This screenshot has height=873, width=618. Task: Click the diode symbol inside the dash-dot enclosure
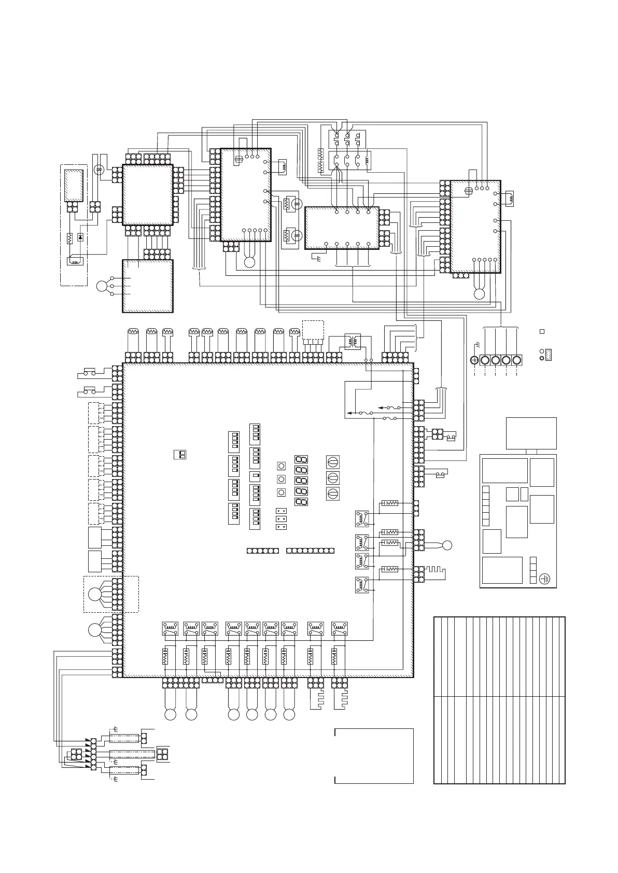pos(80,237)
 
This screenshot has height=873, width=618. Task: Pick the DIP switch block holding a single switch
pos(255,476)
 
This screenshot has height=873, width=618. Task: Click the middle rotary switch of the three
pos(332,477)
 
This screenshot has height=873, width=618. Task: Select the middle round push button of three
pos(282,478)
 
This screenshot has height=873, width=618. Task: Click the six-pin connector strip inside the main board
pos(262,550)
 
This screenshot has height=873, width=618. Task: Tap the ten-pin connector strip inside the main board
pos(310,550)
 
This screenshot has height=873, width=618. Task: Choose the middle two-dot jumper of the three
pos(282,519)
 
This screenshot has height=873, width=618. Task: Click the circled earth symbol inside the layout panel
pos(544,578)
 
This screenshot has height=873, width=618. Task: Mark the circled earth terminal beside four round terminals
pos(474,360)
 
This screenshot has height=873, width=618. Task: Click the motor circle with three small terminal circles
pos(103,286)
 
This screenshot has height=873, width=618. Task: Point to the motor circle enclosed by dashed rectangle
pos(94,594)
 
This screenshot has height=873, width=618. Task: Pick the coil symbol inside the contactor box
pos(369,160)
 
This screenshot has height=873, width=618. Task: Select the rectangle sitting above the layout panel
pos(531,433)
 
